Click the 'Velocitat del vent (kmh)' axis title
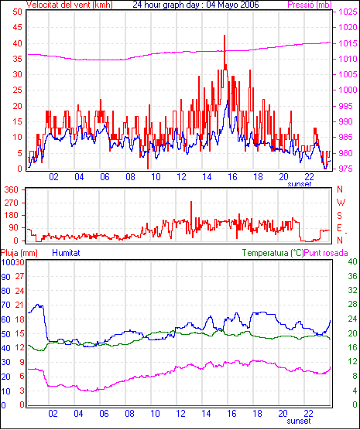(x=70, y=5)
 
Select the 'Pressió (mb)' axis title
(x=310, y=5)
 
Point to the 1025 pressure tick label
(x=348, y=12)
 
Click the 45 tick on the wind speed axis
(x=18, y=27)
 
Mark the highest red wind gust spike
(x=225, y=36)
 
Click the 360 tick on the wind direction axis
(x=12, y=189)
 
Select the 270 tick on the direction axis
(x=12, y=203)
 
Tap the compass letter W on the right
(x=341, y=203)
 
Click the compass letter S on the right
(x=340, y=216)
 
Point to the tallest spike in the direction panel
(x=191, y=203)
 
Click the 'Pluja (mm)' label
(x=19, y=253)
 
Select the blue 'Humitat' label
(x=66, y=253)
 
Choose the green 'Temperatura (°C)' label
(x=273, y=253)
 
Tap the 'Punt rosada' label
(x=326, y=253)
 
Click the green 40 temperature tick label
(x=352, y=261)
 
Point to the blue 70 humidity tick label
(x=5, y=305)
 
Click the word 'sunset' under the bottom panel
(x=299, y=421)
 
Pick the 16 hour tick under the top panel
(x=232, y=177)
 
